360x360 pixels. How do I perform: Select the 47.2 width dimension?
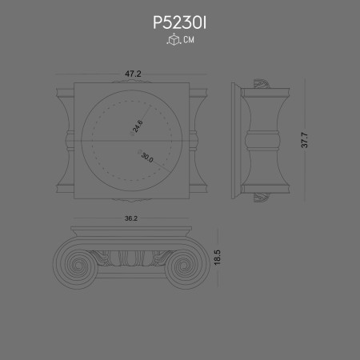[133, 74]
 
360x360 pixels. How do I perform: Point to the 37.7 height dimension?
[304, 140]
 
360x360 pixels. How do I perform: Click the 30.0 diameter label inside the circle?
[146, 157]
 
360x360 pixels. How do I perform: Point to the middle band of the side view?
[263, 141]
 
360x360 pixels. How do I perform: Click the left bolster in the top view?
[65, 141]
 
